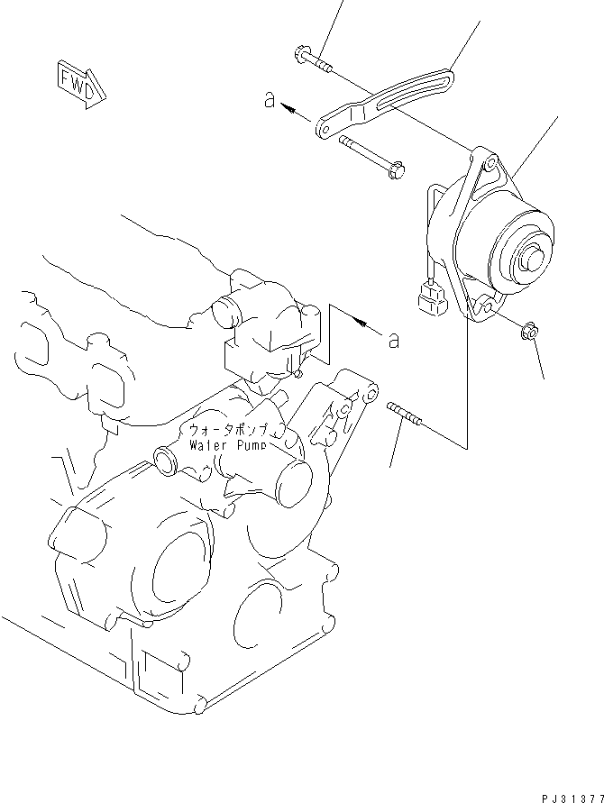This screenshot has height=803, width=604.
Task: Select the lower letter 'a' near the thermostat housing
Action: click(393, 339)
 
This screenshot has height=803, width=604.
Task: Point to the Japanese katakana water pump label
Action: click(232, 430)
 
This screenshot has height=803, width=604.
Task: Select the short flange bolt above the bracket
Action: click(312, 60)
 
